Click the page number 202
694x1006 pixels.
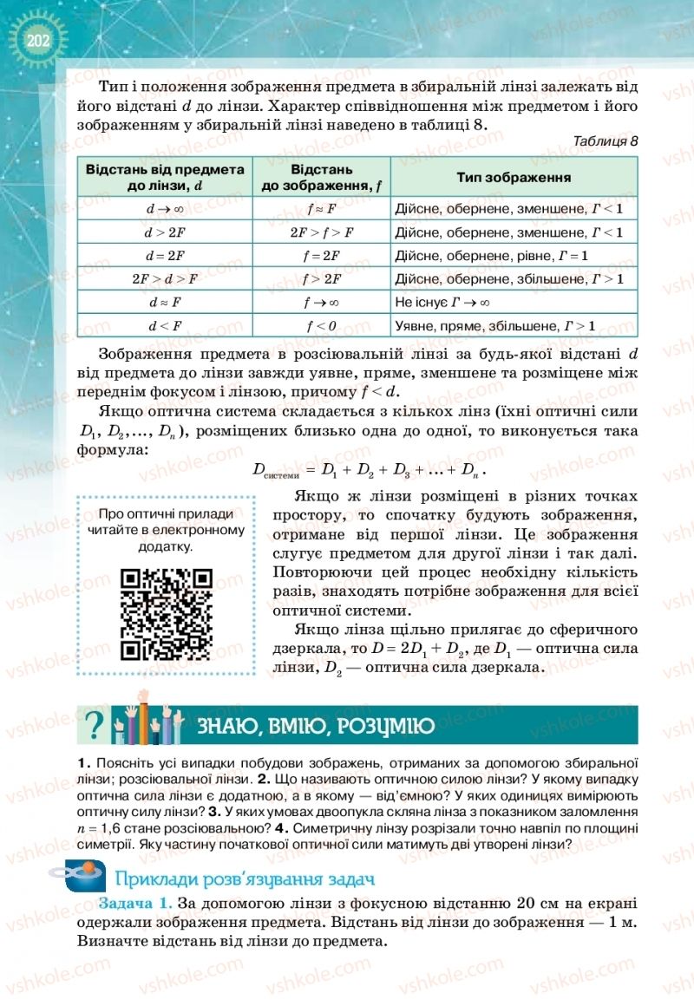tap(36, 41)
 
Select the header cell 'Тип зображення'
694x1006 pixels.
tap(514, 177)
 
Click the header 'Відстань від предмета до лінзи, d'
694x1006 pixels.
tap(165, 177)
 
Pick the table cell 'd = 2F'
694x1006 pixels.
tap(165, 256)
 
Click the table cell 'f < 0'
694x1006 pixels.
tap(320, 326)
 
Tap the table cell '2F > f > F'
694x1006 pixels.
tap(320, 232)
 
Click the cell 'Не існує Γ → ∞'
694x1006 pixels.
tap(442, 303)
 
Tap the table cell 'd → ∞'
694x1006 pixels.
tap(165, 209)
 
